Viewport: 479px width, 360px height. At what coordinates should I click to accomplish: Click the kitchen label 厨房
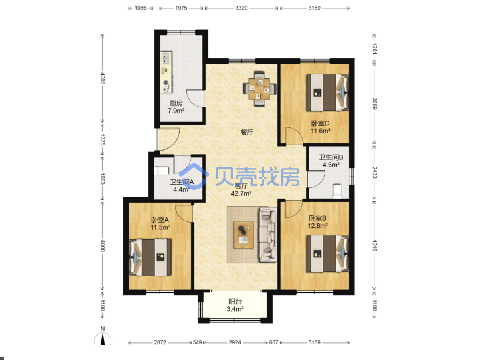pyautogui.click(x=176, y=103)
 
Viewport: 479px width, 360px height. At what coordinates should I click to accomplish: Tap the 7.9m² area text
pyautogui.click(x=176, y=111)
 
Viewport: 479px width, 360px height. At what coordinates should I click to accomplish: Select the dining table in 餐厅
pyautogui.click(x=259, y=89)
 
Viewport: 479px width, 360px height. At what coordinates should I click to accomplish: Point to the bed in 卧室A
pyautogui.click(x=150, y=257)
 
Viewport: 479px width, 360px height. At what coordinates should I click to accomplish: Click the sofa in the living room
pyautogui.click(x=268, y=235)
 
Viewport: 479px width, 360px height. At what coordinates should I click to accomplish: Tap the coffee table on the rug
pyautogui.click(x=243, y=235)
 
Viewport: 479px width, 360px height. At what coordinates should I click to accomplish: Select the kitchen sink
pyautogui.click(x=166, y=58)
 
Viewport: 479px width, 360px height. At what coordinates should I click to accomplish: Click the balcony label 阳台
pyautogui.click(x=235, y=302)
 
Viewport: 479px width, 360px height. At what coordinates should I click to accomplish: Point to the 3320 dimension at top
pyautogui.click(x=241, y=8)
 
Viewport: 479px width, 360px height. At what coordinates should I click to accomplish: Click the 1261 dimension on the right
pyautogui.click(x=374, y=48)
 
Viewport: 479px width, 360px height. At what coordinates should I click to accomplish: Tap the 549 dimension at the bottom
pyautogui.click(x=197, y=342)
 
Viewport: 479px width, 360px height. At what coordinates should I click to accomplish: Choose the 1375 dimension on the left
pyautogui.click(x=103, y=140)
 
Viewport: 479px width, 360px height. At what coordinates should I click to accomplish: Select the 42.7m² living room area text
pyautogui.click(x=241, y=193)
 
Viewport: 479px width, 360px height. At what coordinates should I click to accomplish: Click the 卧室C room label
pyautogui.click(x=320, y=123)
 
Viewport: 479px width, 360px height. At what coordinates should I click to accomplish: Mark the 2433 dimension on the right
pyautogui.click(x=374, y=172)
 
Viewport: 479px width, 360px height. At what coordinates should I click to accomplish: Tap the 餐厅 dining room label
pyautogui.click(x=247, y=132)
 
